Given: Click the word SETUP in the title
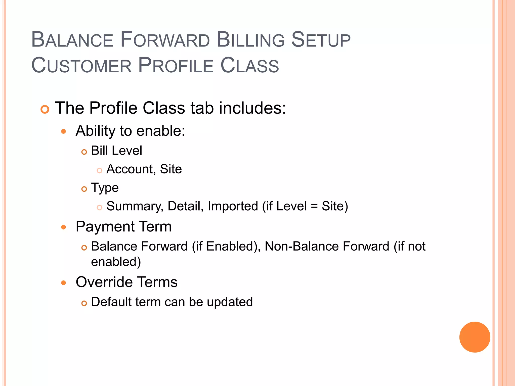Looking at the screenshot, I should (x=321, y=40).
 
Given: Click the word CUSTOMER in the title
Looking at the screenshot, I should (x=81, y=66).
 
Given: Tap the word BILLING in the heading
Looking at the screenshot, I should (x=250, y=40).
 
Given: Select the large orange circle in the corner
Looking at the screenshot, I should (x=475, y=337).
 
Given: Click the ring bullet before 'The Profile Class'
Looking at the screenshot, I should (x=45, y=109).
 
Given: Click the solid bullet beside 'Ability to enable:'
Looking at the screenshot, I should (x=64, y=131).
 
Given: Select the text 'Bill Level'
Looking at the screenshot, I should (x=116, y=151).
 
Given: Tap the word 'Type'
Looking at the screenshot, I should (x=105, y=188).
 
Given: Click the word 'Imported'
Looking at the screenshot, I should (x=233, y=206).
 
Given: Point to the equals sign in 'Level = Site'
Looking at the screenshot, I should (x=314, y=207).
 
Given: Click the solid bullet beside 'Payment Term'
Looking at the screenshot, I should (x=64, y=227).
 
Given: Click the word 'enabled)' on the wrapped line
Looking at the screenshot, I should (x=116, y=262).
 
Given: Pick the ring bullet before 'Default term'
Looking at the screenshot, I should (x=84, y=304).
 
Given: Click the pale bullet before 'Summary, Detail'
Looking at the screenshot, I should (x=100, y=208).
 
